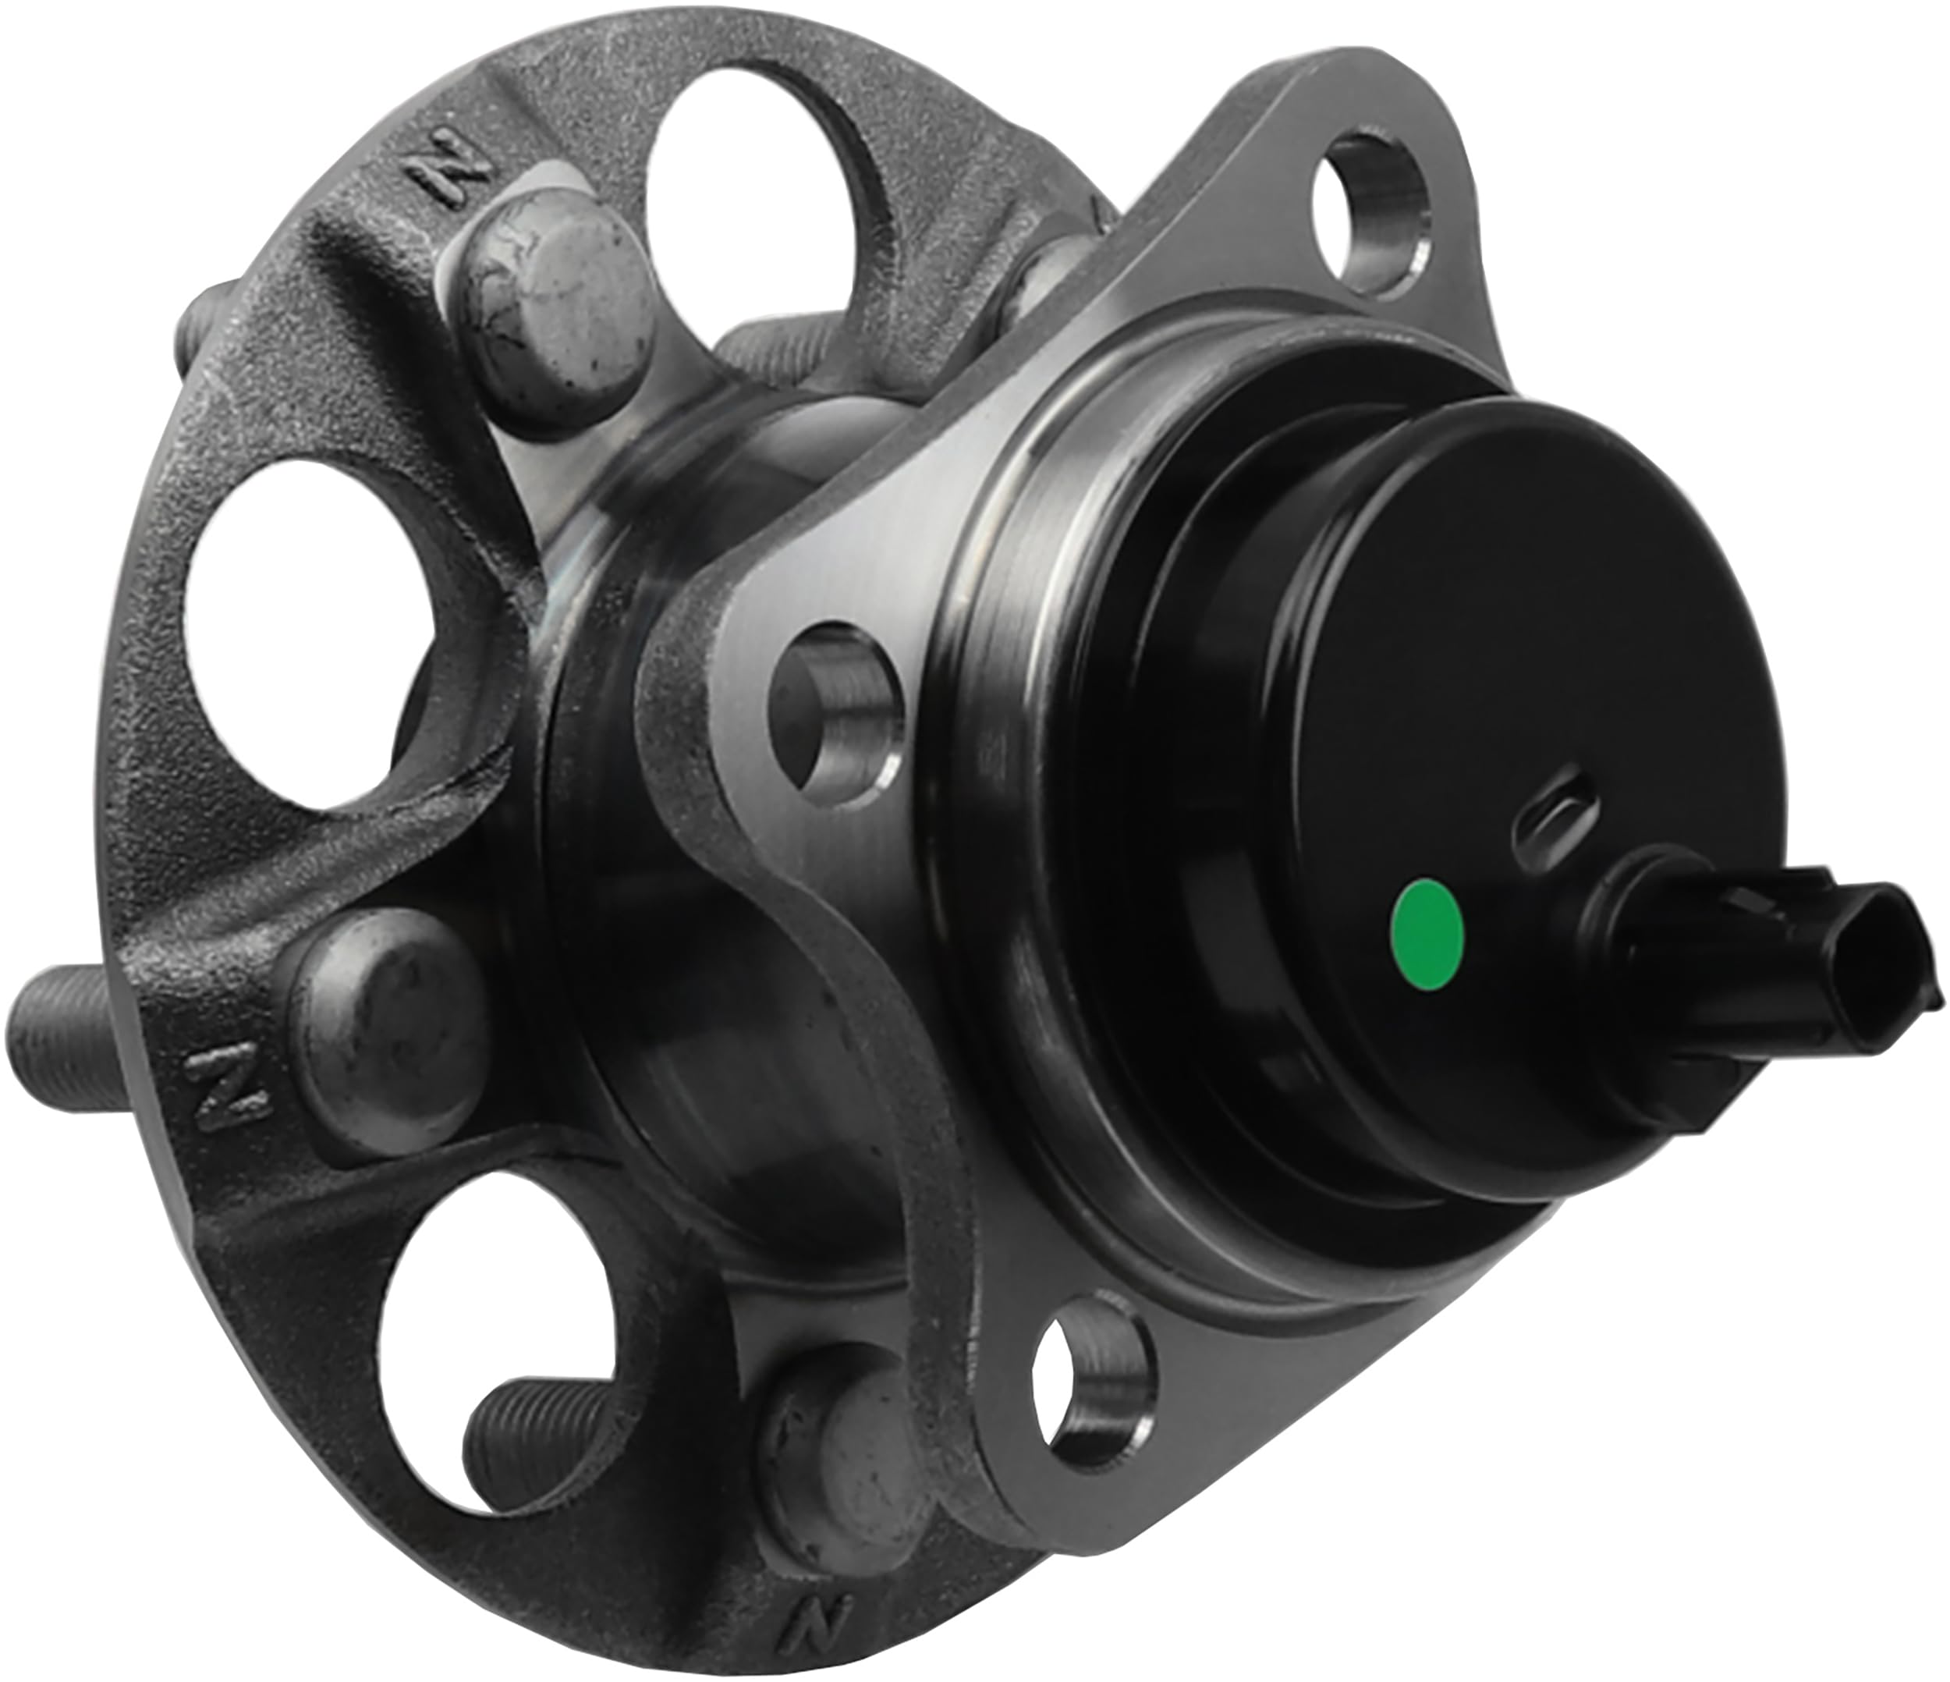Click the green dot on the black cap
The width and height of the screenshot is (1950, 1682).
(x=1427, y=935)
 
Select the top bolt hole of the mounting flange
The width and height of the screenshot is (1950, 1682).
(x=1370, y=215)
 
